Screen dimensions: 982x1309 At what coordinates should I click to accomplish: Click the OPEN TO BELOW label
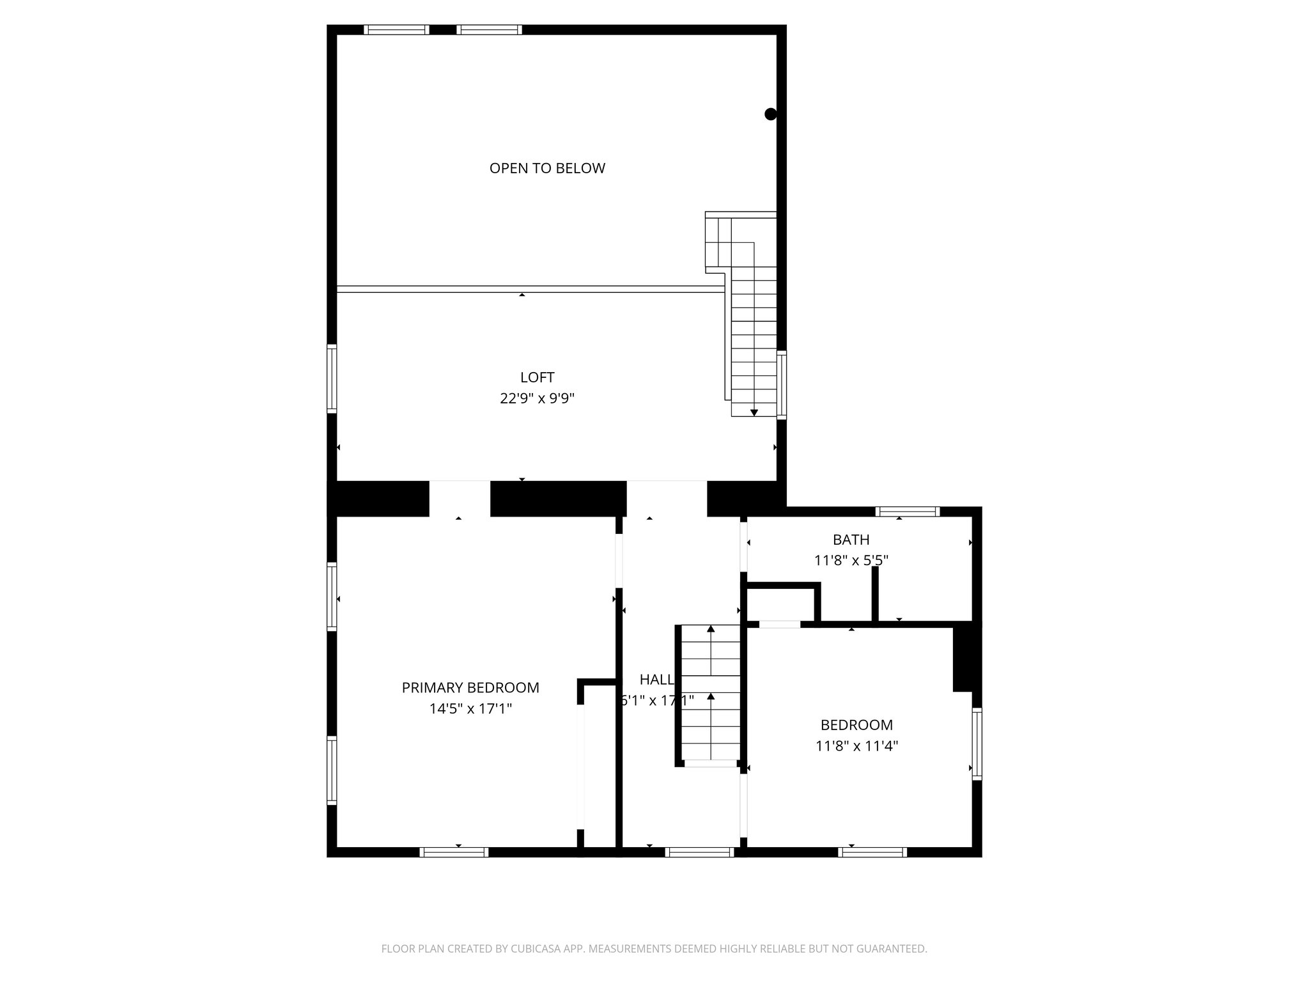tap(547, 168)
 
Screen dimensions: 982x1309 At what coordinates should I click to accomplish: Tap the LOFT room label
tap(537, 377)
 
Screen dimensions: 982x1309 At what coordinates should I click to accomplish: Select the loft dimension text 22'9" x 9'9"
tap(537, 398)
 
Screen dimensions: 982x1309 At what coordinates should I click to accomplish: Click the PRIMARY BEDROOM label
tap(470, 687)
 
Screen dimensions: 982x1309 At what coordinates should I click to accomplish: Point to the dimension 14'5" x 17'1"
tap(470, 708)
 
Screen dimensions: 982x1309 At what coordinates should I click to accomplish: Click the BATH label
tap(851, 540)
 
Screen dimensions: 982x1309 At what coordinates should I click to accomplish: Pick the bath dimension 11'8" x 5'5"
tap(851, 560)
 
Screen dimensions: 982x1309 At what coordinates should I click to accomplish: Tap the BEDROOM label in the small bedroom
tap(856, 724)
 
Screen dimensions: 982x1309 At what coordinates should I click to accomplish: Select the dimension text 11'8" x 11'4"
tap(856, 745)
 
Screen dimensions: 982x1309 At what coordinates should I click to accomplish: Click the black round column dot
tap(770, 114)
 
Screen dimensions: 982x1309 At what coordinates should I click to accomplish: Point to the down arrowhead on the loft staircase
tap(754, 412)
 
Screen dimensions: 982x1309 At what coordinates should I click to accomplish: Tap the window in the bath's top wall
tap(907, 511)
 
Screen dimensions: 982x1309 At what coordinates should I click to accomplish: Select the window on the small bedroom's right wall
tap(977, 743)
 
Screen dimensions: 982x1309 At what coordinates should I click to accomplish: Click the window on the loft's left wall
tap(332, 378)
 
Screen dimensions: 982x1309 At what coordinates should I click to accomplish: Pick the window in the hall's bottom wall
tap(699, 852)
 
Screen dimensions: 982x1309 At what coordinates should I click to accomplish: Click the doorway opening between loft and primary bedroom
tap(460, 499)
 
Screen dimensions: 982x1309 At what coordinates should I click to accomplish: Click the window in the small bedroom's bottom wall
tap(872, 852)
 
